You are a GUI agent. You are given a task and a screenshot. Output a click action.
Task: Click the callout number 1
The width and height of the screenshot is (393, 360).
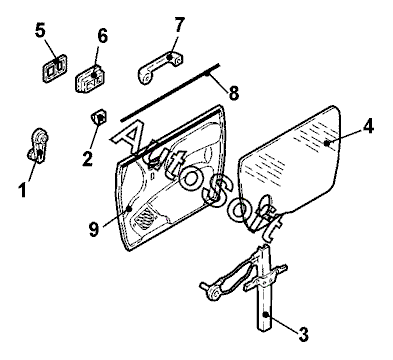point(22,190)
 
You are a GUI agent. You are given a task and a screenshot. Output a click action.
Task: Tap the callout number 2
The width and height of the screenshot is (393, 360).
point(87,159)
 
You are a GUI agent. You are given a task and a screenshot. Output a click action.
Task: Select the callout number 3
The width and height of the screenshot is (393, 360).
point(303,334)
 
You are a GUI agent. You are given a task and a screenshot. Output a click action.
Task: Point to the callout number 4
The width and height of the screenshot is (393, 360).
point(368,127)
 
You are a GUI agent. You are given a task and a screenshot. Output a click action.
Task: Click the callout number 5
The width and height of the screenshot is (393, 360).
point(40,30)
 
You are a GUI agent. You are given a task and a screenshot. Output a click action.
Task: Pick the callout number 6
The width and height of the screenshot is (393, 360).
point(102,35)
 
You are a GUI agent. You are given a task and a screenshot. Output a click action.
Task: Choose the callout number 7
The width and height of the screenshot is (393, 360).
point(179,25)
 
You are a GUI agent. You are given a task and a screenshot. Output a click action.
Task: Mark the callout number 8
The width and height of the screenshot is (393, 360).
point(234,93)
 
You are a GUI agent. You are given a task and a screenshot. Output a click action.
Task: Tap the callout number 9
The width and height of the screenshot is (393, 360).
point(94,229)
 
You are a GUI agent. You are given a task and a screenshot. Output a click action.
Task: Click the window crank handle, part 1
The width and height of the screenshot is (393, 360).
point(38,146)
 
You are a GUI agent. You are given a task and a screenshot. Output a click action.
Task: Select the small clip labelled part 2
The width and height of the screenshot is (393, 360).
point(99,116)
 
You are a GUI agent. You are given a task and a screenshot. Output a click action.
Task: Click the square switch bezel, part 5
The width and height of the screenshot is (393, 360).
point(55,68)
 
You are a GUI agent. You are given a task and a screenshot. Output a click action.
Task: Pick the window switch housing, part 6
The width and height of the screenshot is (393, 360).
point(90,78)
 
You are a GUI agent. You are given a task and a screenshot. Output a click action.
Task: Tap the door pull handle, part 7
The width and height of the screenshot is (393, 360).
point(160,67)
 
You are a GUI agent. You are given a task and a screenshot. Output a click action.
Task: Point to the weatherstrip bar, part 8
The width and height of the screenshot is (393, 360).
point(170,92)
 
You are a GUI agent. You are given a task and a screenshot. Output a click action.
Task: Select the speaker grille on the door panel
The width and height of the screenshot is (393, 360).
point(145,218)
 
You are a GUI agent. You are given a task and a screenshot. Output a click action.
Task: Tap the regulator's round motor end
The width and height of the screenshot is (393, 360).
point(213,293)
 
